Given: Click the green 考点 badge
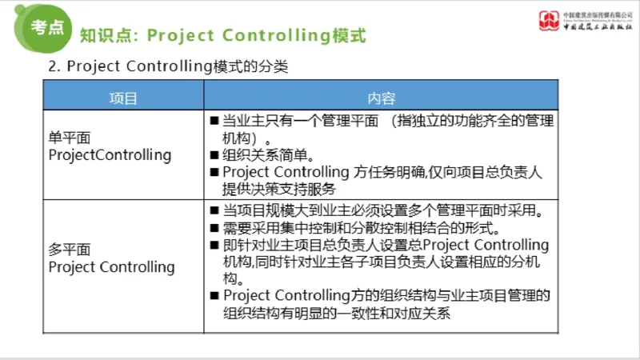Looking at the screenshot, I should click(x=47, y=26).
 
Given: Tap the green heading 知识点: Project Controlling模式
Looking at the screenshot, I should click(x=223, y=35).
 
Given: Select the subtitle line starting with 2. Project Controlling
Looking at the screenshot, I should click(x=168, y=67).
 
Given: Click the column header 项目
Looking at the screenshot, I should click(x=123, y=98).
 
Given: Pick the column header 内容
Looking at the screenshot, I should click(x=382, y=98).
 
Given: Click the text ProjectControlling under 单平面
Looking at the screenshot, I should click(x=110, y=154).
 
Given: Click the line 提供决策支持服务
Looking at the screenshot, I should click(x=278, y=189).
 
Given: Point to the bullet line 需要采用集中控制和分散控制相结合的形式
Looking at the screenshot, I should click(x=373, y=228).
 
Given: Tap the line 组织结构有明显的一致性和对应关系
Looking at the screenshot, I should click(x=337, y=314).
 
